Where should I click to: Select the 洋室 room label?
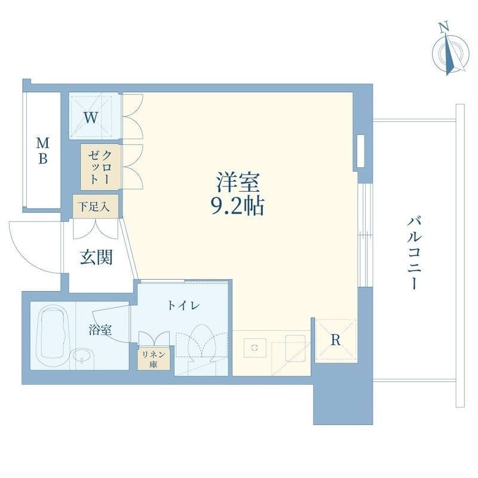(238, 182)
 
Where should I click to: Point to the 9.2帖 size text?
(238, 206)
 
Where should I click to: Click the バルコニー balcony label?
(414, 253)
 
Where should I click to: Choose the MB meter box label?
(42, 151)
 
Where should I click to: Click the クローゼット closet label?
(100, 167)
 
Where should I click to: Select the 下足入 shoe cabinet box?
(96, 206)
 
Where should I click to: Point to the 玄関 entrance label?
(96, 257)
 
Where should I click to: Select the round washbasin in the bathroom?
(82, 358)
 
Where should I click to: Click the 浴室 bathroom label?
(100, 330)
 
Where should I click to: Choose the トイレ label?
(184, 305)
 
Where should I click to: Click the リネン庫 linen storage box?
(154, 359)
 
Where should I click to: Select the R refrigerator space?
(336, 340)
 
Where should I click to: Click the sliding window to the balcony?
(365, 235)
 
